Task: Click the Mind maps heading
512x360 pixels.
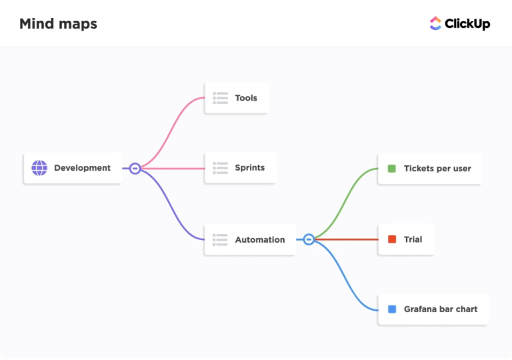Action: click(x=58, y=24)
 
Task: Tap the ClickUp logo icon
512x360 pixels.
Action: click(x=435, y=23)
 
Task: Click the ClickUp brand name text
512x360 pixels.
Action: click(x=467, y=24)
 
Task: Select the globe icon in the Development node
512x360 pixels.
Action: click(x=39, y=168)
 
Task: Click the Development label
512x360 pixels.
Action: click(x=83, y=168)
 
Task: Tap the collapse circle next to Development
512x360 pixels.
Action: click(x=135, y=169)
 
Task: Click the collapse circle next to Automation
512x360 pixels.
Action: click(x=309, y=239)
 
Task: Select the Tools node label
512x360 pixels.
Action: click(x=246, y=98)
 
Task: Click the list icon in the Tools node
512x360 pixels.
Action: click(x=220, y=98)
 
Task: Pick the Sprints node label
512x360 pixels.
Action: click(x=250, y=168)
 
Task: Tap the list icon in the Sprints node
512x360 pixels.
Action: click(x=220, y=168)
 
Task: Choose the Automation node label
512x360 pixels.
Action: click(x=260, y=240)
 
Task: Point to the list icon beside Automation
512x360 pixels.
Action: click(x=220, y=239)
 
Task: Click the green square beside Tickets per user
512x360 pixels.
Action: click(x=392, y=169)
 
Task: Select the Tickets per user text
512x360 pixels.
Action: click(x=437, y=169)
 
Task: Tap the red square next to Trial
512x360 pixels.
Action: click(x=392, y=239)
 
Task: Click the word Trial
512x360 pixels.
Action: click(x=413, y=239)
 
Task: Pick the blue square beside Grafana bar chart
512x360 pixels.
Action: click(x=392, y=309)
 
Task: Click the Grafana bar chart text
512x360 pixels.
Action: click(x=441, y=309)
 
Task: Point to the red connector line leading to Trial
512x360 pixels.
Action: click(x=347, y=239)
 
